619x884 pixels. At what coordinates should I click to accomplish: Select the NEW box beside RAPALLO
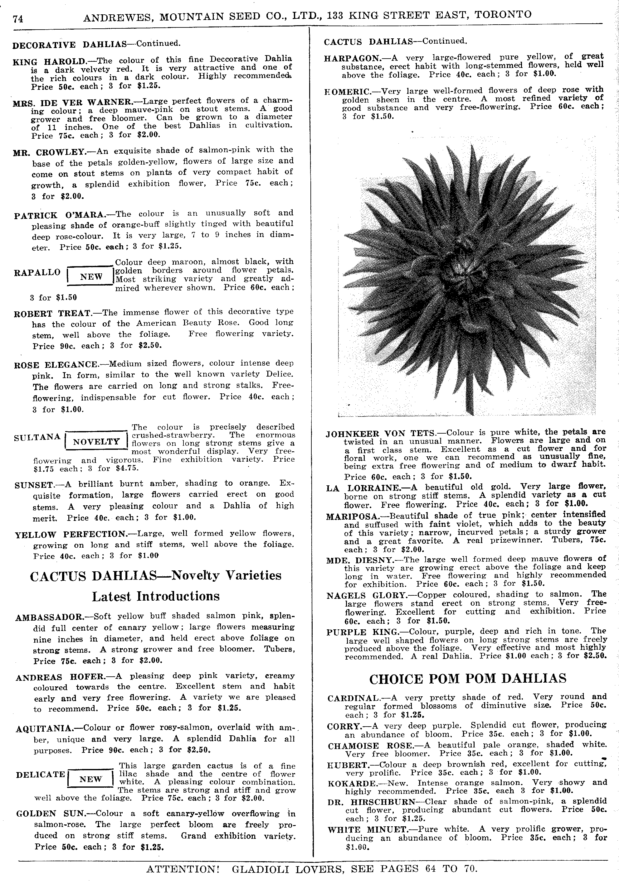[91, 276]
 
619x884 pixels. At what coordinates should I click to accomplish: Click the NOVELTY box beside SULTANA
[96, 442]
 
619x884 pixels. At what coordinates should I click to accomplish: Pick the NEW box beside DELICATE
[90, 779]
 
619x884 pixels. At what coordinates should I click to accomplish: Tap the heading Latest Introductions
[156, 596]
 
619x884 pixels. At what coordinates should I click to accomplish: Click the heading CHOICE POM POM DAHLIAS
[468, 678]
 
